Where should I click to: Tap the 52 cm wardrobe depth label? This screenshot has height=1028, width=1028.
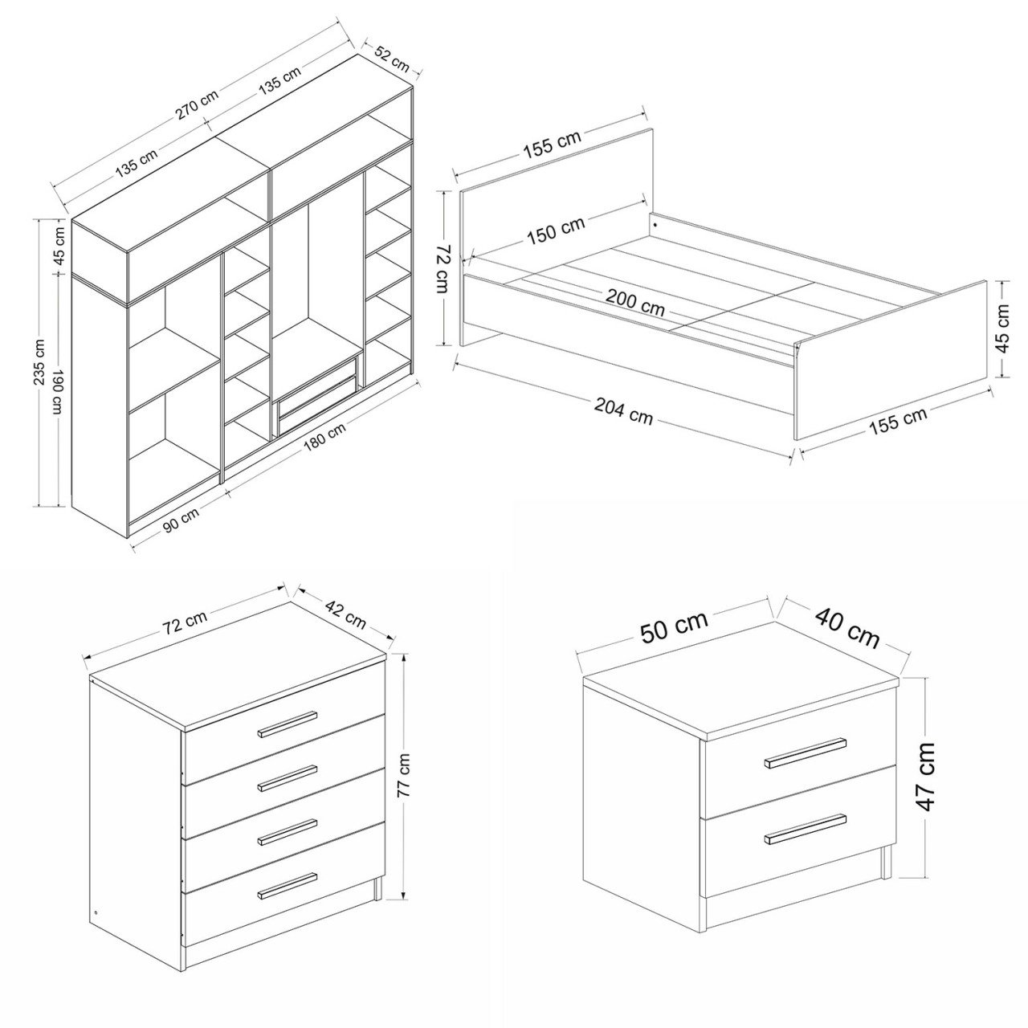point(392,59)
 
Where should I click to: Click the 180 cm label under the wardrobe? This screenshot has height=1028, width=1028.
point(325,436)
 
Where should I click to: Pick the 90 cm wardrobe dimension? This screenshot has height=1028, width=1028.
point(181,519)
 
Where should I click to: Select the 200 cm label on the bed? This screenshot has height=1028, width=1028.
point(634,303)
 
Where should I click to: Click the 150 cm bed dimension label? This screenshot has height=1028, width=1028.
point(556,230)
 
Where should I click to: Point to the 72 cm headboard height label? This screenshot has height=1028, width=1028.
point(443,269)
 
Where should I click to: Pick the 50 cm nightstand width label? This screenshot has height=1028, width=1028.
point(675,626)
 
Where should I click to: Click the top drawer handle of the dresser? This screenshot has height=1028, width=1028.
point(288,724)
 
